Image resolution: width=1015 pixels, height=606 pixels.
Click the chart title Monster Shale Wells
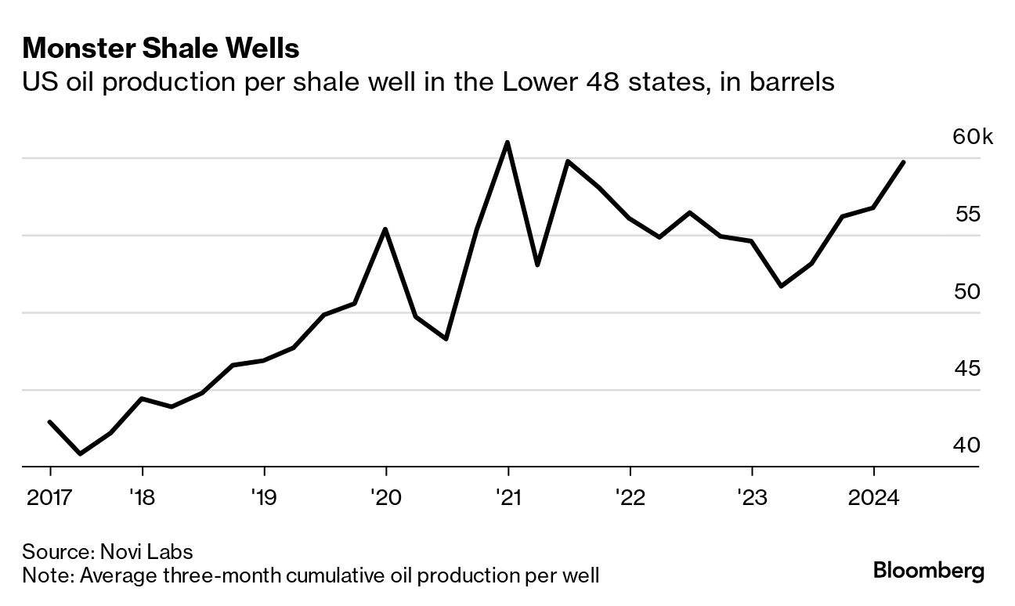161,49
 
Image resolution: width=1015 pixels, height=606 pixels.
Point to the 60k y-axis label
972,138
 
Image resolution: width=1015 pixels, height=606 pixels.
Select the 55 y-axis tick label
967,215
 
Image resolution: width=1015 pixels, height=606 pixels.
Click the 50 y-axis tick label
967,292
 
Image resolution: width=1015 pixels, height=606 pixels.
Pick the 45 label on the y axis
967,369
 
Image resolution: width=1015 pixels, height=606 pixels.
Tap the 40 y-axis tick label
967,445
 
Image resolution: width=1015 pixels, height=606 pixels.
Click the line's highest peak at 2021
508,142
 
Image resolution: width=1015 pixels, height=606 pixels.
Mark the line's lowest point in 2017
80,453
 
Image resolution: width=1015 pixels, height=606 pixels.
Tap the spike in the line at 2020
385,229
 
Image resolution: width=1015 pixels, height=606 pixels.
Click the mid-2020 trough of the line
446,339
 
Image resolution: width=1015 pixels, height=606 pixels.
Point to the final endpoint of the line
905,162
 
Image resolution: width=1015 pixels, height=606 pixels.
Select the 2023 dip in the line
782,286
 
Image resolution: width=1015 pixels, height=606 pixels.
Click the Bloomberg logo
928,571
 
